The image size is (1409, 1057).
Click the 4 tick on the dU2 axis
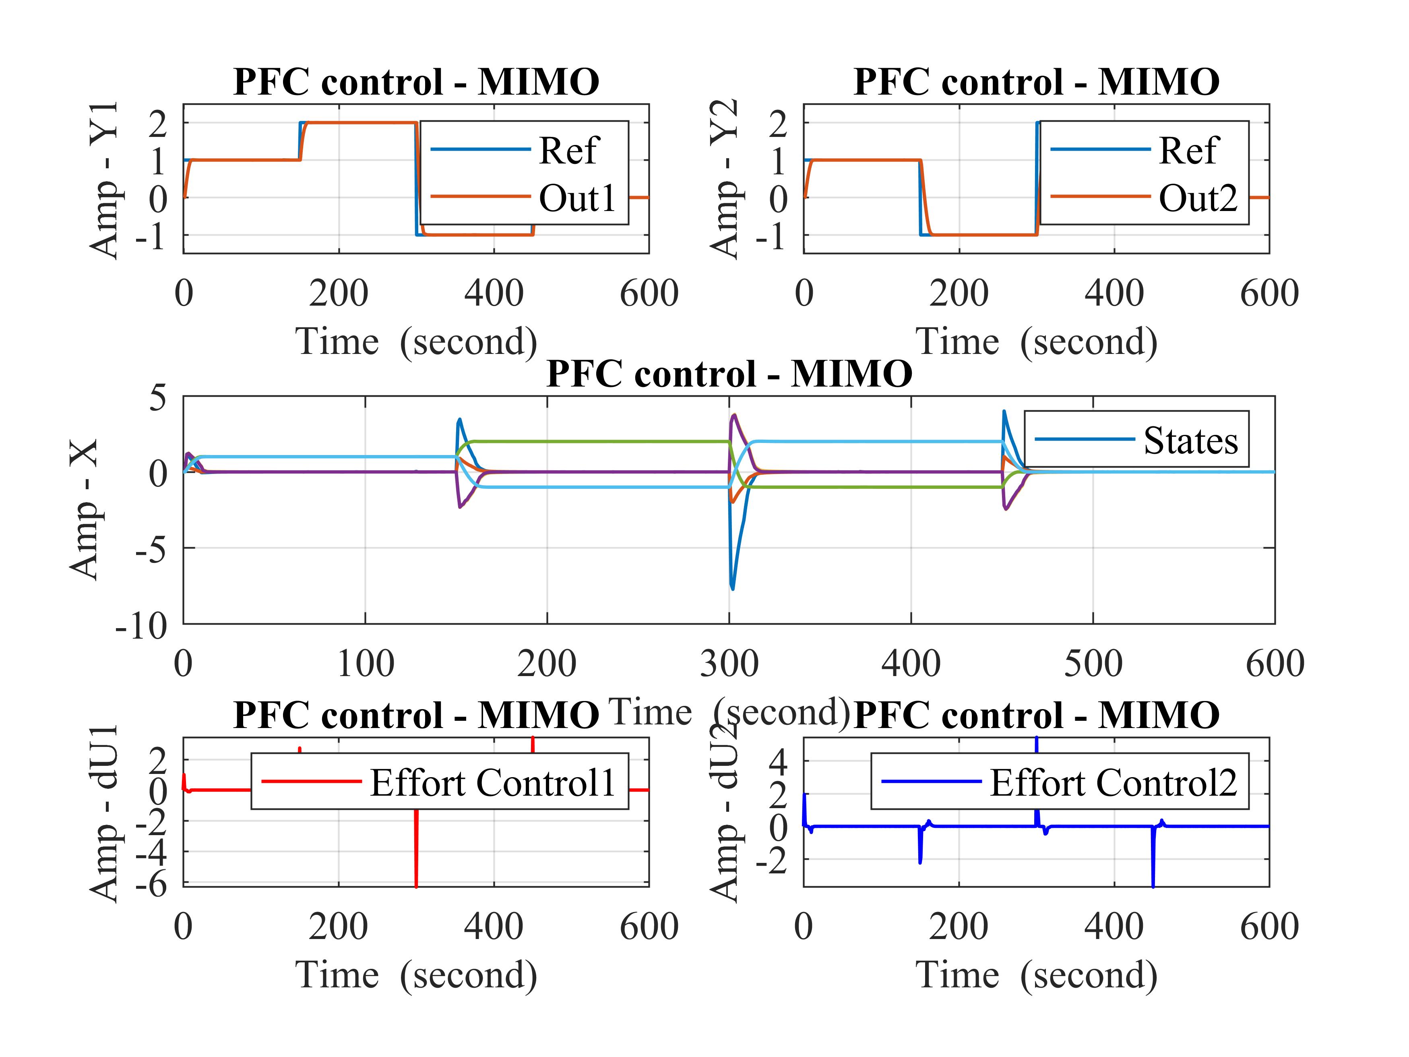[x=779, y=760]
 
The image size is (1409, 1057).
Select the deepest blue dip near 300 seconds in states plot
[x=733, y=587]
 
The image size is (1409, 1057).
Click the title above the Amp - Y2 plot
[x=1036, y=82]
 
